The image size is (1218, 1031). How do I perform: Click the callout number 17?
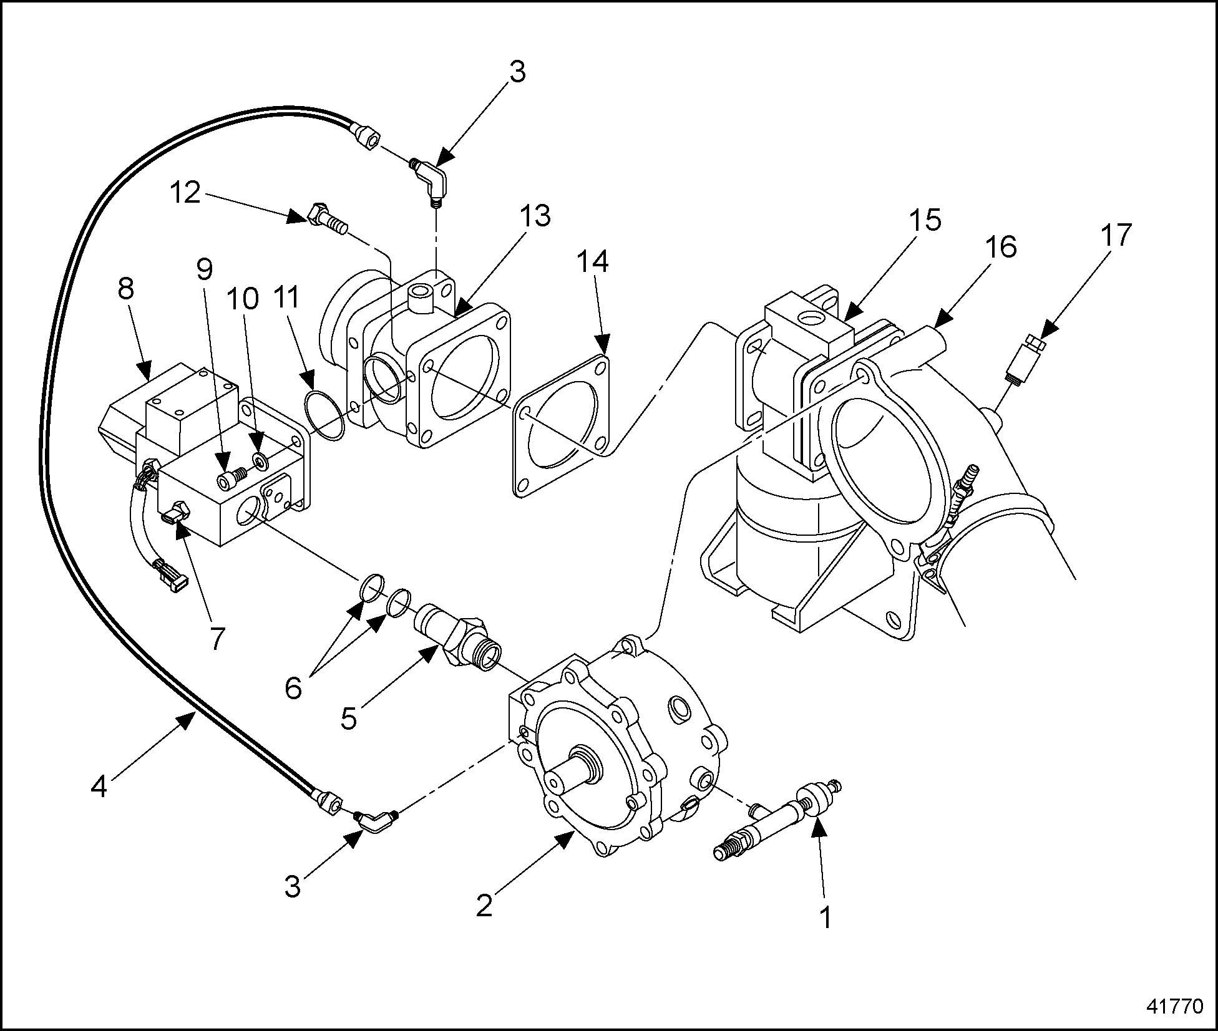(1115, 236)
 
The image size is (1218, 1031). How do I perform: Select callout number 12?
(185, 193)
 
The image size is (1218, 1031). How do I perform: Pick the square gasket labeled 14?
(560, 425)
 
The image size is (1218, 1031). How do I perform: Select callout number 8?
(126, 289)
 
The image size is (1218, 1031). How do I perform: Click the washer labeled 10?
(260, 462)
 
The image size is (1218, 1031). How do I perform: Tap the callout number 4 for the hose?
(99, 787)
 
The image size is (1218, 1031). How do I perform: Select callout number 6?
(293, 688)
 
